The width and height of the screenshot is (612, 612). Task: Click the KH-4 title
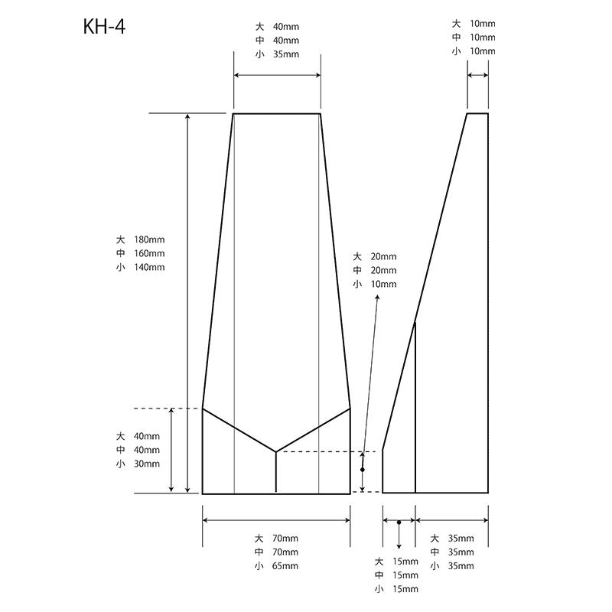click(x=104, y=27)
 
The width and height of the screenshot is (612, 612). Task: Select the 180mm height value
click(x=149, y=239)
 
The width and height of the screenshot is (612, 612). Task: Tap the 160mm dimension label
click(x=149, y=253)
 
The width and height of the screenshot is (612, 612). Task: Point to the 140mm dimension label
click(x=149, y=267)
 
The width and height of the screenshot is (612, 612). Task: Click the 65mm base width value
click(x=285, y=566)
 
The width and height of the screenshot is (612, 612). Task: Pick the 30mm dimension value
click(x=147, y=464)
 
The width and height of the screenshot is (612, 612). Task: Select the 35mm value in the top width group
click(x=286, y=54)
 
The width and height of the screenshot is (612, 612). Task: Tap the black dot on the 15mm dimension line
click(x=399, y=522)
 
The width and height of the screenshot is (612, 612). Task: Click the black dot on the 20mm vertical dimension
click(x=363, y=470)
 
